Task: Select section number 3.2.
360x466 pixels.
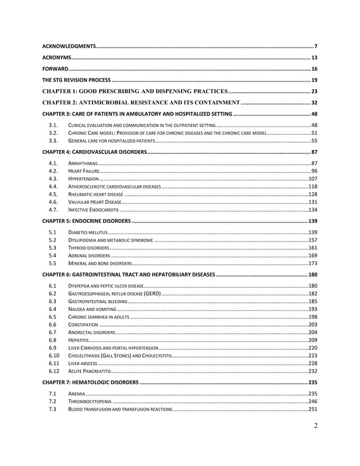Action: [x=54, y=133]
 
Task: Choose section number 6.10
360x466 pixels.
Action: [x=54, y=355]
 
